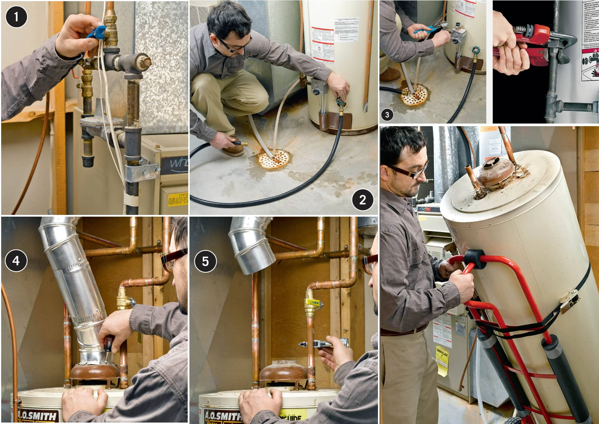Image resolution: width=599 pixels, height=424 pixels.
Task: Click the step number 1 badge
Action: (x=16, y=17)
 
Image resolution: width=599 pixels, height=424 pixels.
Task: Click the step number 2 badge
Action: (x=362, y=200)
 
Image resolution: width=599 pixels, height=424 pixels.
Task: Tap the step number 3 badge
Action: (x=387, y=115)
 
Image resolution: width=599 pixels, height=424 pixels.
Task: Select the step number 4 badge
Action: (x=16, y=260)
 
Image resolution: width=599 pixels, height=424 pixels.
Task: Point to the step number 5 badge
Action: (x=205, y=261)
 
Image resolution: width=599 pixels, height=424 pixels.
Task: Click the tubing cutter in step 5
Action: (x=325, y=344)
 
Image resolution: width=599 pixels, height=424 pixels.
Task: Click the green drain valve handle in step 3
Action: (x=475, y=50)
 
